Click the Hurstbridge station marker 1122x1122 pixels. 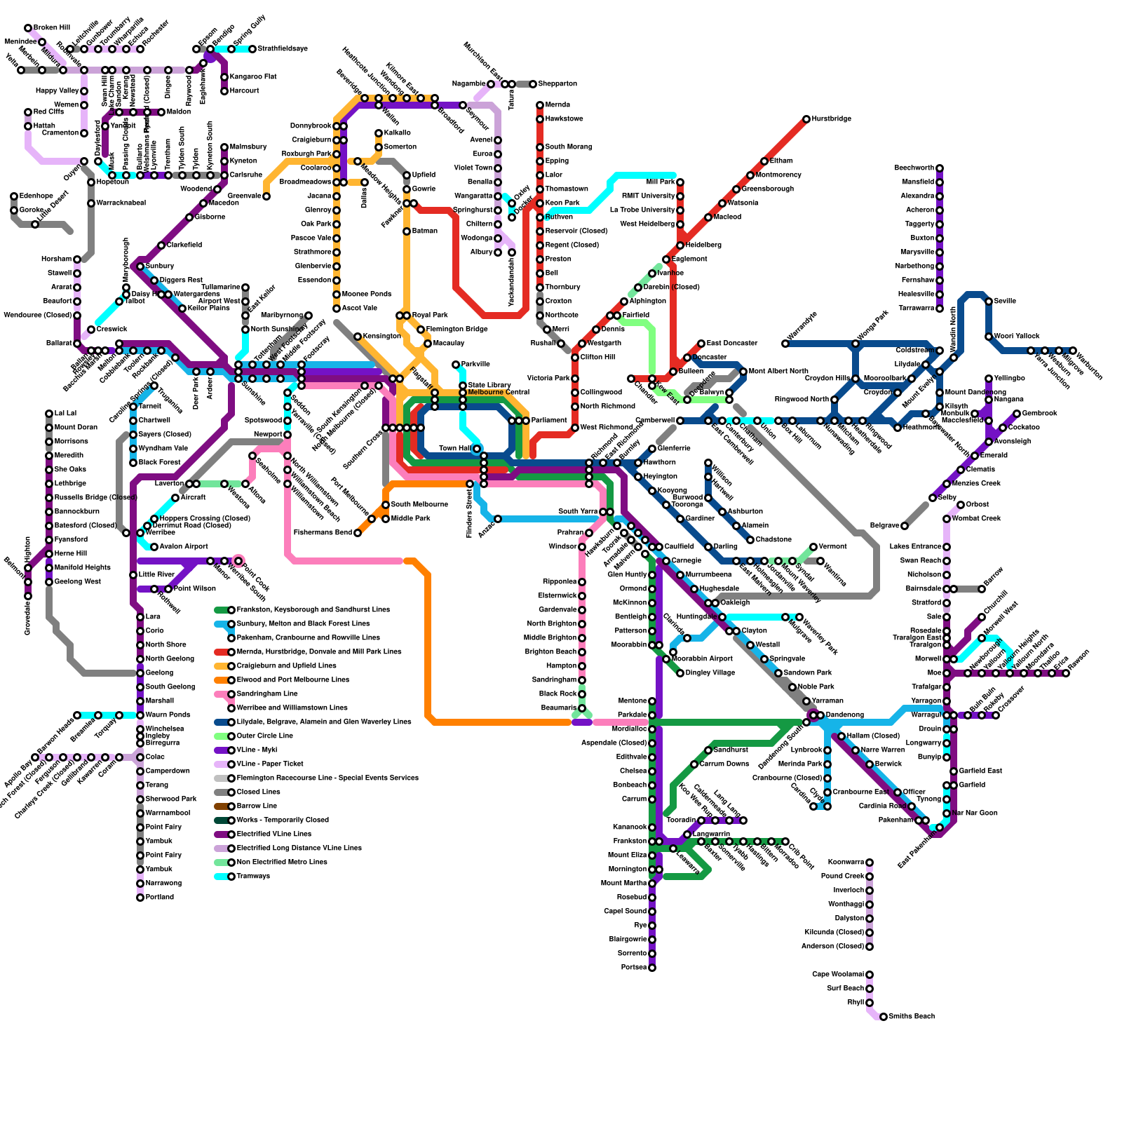tap(806, 119)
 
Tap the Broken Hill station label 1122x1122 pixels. tap(52, 28)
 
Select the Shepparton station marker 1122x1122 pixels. tap(533, 84)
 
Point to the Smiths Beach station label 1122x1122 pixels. tap(912, 1017)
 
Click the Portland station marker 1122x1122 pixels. tap(140, 898)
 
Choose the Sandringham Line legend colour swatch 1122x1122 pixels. tap(222, 694)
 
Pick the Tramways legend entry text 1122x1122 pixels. tap(253, 877)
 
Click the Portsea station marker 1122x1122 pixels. tap(652, 968)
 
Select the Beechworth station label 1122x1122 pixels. tap(914, 168)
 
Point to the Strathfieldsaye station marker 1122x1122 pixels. tap(252, 49)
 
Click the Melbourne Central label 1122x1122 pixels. tap(499, 393)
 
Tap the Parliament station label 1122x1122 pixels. tap(549, 421)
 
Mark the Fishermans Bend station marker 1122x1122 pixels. tap(358, 533)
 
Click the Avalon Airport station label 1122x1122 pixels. tap(184, 547)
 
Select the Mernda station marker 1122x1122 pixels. tap(540, 105)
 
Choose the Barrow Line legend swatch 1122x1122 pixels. tap(222, 806)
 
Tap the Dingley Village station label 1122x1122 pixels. tap(710, 673)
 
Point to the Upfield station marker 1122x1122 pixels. tap(407, 175)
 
